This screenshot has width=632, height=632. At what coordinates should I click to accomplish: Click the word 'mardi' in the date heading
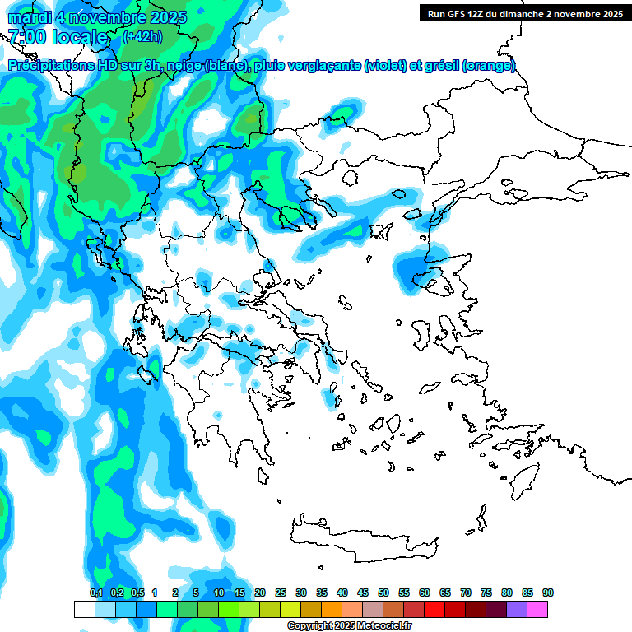click(x=26, y=16)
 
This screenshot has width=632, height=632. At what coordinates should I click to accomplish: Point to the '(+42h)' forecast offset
click(x=142, y=37)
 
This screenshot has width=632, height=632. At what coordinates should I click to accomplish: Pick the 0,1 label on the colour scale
click(x=95, y=592)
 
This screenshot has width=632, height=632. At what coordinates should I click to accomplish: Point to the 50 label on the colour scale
click(x=383, y=592)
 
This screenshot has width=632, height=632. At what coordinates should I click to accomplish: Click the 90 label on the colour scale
click(x=548, y=592)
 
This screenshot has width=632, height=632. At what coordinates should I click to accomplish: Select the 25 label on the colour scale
click(x=281, y=592)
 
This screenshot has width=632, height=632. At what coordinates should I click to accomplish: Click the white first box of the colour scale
click(x=84, y=609)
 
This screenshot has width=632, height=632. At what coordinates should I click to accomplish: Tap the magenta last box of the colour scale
click(x=537, y=609)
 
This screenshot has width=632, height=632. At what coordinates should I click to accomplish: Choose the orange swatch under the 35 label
click(x=332, y=609)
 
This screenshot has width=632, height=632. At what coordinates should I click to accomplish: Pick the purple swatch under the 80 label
click(x=517, y=609)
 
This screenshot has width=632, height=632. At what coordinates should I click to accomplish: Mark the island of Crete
click(x=362, y=539)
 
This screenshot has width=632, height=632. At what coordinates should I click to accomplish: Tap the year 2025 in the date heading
click(x=165, y=16)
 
